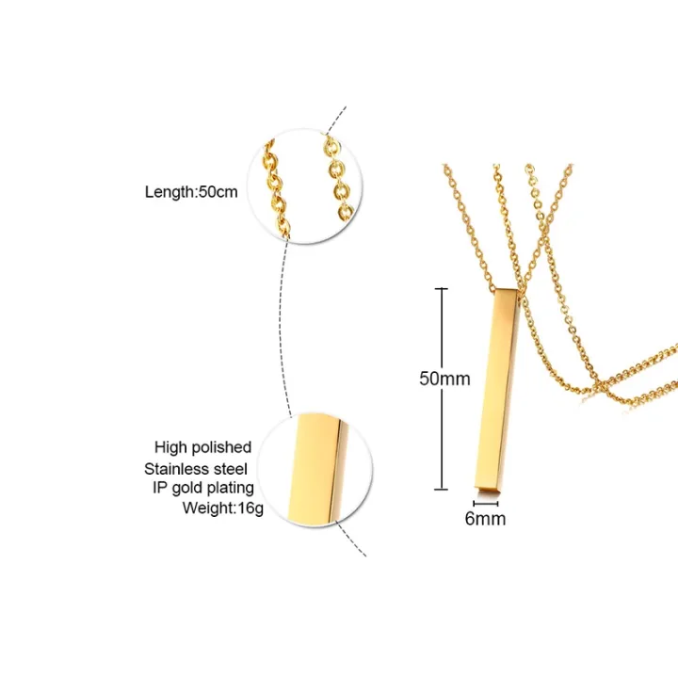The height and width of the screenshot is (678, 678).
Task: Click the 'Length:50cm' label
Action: coord(190,191)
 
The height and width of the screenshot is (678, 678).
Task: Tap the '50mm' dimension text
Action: coord(444,379)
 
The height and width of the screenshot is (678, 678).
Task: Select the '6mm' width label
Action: coord(486,518)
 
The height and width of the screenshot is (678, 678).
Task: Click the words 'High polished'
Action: coord(203,446)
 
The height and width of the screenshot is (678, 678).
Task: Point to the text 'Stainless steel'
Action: coord(197,467)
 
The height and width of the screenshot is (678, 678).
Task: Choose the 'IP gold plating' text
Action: coord(204,487)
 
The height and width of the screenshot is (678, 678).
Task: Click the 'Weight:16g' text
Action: coord(218,508)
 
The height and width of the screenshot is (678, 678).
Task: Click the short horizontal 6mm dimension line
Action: coord(486,505)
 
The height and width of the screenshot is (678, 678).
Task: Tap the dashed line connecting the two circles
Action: coord(280,320)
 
